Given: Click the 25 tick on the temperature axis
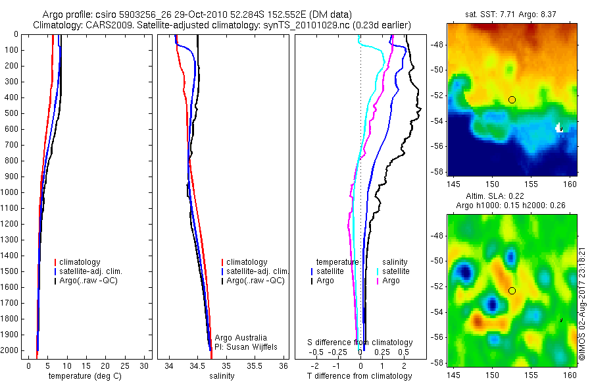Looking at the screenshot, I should [126, 365].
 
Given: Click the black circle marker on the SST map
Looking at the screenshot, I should [512, 99].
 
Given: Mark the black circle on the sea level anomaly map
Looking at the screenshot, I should [512, 290].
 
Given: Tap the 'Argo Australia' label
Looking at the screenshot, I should [241, 338].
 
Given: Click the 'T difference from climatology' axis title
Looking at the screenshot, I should [359, 376].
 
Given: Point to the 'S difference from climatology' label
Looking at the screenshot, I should [360, 342].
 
